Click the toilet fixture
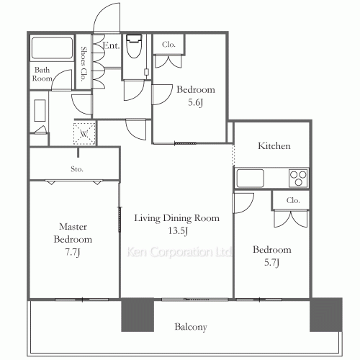[x=134, y=46]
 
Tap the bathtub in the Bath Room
[x=52, y=48]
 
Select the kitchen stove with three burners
[x=298, y=178]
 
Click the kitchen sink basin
[x=251, y=178]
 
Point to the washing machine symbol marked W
[x=84, y=134]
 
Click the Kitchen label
[x=274, y=146]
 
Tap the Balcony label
[x=191, y=327]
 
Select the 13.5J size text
[x=178, y=231]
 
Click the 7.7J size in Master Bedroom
[x=73, y=252]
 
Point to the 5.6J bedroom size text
[x=195, y=102]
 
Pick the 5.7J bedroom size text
[x=271, y=263]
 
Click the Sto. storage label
[x=77, y=169]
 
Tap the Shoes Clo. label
[x=84, y=64]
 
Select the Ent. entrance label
[x=111, y=45]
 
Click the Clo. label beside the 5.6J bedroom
[x=168, y=45]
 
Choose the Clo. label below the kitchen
[x=293, y=200]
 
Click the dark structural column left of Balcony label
[x=138, y=315]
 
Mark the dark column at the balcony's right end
[x=326, y=315]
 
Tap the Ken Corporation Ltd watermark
[x=179, y=252]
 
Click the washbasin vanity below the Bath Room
[x=40, y=111]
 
